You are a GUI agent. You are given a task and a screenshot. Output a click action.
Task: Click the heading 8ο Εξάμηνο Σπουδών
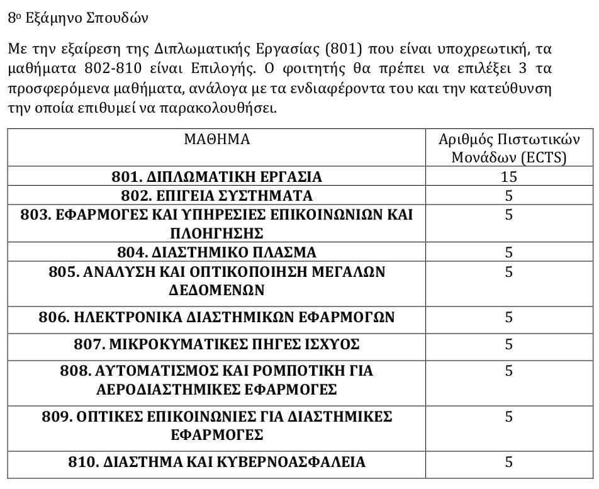pos(78,17)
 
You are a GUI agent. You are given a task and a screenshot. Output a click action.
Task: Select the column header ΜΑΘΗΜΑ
pos(216,140)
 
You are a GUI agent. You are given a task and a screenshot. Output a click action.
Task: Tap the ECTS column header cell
pos(508,149)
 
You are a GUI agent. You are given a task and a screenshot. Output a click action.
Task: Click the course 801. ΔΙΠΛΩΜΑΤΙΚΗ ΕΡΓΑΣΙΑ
pos(216,176)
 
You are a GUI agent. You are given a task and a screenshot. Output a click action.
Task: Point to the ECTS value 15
pos(508,176)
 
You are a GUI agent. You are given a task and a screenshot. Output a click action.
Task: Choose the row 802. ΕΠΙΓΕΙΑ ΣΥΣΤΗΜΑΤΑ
pos(216,195)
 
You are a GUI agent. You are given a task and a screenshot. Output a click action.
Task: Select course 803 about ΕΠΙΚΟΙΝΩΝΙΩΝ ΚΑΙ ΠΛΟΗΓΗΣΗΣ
pos(216,223)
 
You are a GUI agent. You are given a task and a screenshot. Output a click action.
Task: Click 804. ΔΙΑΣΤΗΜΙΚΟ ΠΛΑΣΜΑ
pos(216,252)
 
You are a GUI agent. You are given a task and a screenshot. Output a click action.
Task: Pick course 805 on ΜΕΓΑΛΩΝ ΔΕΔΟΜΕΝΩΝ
pos(216,281)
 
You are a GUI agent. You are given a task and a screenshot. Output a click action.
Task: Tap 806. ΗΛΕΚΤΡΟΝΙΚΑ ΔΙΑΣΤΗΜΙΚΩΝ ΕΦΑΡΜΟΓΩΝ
pos(216,317)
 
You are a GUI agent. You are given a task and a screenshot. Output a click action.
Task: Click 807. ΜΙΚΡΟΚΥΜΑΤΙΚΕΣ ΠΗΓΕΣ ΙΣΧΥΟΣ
pos(216,344)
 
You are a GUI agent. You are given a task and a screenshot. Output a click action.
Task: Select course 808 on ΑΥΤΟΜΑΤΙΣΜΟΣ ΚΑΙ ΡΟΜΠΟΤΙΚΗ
pos(216,379)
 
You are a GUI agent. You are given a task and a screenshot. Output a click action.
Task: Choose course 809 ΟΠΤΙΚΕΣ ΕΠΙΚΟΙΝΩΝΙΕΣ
pos(216,425)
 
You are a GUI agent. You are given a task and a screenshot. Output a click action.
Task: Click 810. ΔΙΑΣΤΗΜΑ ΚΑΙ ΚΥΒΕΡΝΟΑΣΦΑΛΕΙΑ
pos(216,462)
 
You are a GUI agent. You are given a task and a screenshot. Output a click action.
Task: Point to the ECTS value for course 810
pos(508,462)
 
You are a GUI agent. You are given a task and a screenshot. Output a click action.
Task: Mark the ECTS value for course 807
pos(508,344)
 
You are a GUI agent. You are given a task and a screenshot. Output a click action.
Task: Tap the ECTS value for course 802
pos(508,195)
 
